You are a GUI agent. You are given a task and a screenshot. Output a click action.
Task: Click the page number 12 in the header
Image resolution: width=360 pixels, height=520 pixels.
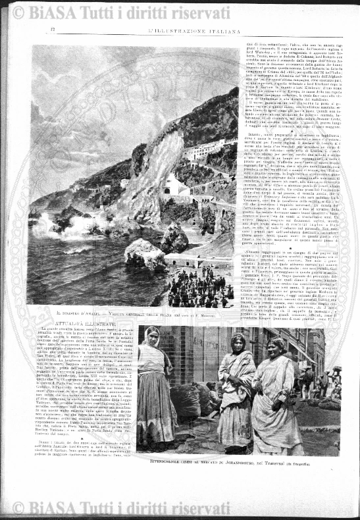coord(52,30)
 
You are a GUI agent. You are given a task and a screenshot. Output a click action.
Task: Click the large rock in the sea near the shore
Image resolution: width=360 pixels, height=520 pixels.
coord(145,253)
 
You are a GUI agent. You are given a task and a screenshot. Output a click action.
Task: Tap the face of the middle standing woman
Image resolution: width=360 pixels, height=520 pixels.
coord(238,344)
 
